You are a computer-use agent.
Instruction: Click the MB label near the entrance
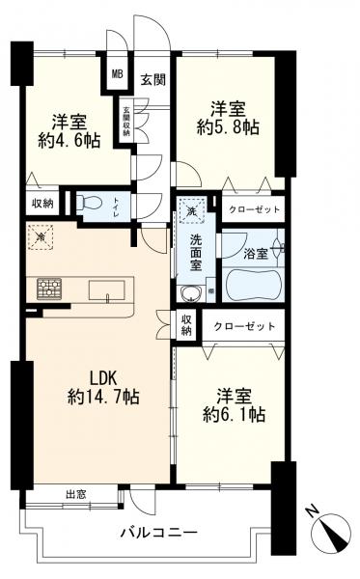coord(117,73)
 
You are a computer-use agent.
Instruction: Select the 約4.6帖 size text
coord(69,141)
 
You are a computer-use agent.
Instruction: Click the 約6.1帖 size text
coord(234,415)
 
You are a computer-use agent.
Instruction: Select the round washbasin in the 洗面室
coord(191,294)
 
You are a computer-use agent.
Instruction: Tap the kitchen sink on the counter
coord(104,289)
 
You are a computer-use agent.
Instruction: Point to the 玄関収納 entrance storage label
coord(126,123)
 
